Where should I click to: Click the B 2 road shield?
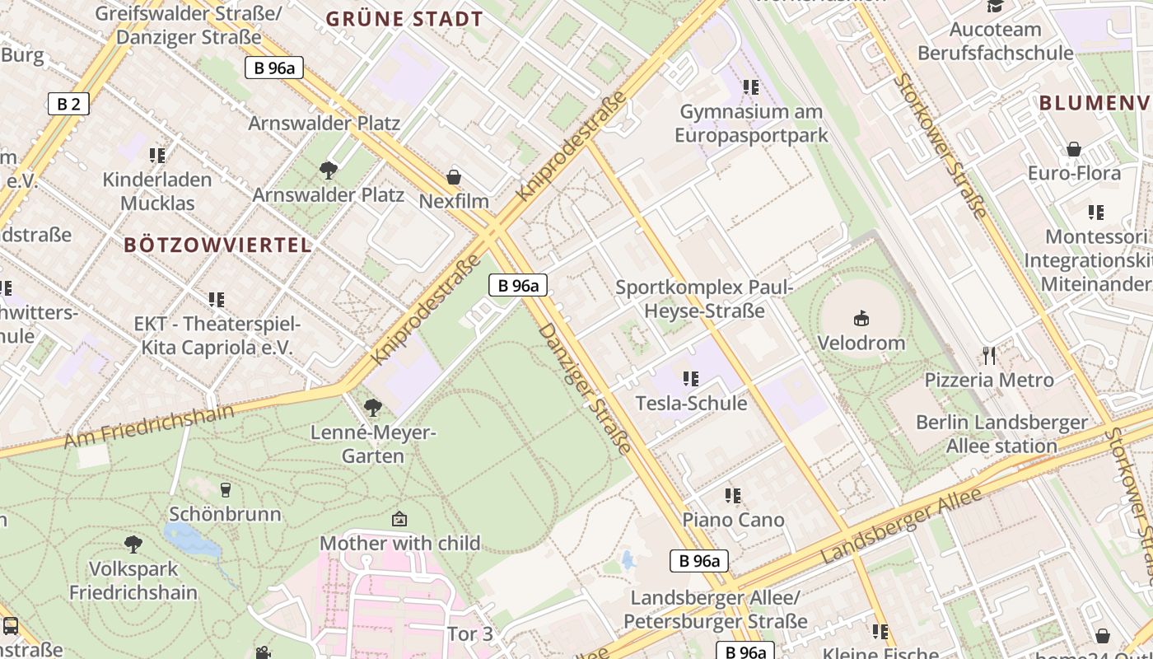pos(68,104)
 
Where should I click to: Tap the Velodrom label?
pos(861,343)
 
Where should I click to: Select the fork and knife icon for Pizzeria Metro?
pos(989,356)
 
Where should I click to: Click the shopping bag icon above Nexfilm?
pos(454,177)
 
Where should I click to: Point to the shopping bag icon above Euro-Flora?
pos(1074,149)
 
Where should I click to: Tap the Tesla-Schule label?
pos(691,403)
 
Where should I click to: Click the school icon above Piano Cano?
pos(733,496)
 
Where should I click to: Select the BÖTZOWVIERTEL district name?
pos(218,245)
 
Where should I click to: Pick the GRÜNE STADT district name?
pos(404,19)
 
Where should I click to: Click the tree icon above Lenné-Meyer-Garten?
pos(372,408)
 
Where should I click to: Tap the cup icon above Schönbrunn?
pos(226,490)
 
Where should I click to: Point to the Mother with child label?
pos(399,544)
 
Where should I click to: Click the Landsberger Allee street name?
pos(902,526)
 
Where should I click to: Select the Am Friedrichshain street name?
pos(149,426)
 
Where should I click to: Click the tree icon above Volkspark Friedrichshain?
pos(133,544)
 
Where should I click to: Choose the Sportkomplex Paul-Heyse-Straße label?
pos(704,299)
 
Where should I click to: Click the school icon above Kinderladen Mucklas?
pos(157,155)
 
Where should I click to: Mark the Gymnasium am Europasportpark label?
pos(750,123)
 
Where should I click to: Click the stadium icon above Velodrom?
pos(861,318)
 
